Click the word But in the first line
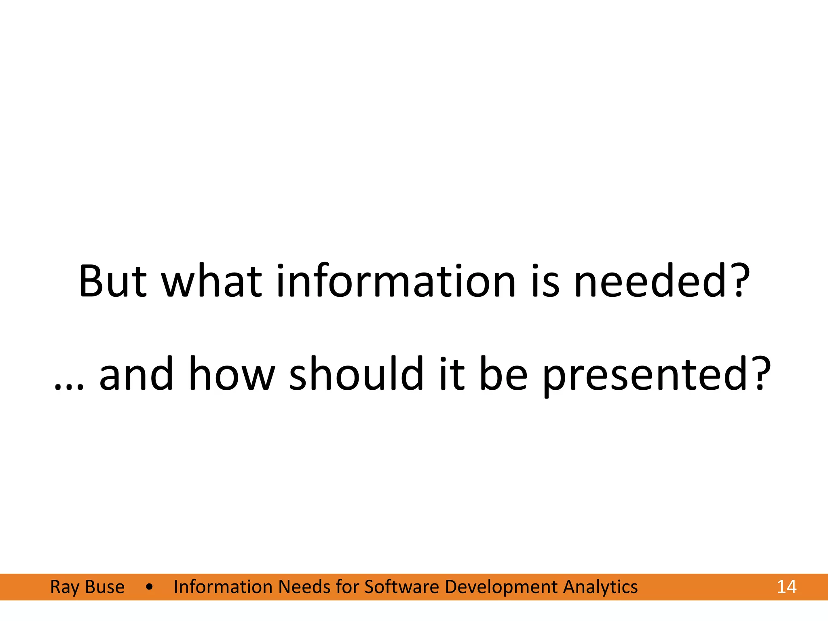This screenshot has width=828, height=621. tap(113, 281)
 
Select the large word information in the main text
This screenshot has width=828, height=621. tap(396, 281)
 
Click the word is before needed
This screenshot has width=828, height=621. tap(545, 281)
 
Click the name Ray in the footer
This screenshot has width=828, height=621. tap(64, 587)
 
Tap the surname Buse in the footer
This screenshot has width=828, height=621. tap(105, 587)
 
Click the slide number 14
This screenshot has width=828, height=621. tap(786, 587)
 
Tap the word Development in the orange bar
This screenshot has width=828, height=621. tap(501, 587)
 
